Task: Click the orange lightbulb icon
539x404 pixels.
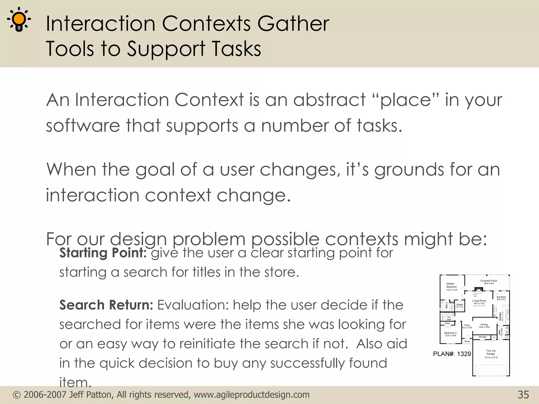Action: tap(19, 19)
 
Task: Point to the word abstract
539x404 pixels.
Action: tap(329, 100)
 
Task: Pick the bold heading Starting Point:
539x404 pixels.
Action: tap(103, 253)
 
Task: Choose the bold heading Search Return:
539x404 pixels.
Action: tap(106, 305)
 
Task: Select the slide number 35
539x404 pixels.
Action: tap(523, 395)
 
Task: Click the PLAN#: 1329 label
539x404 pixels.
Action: tap(452, 354)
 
